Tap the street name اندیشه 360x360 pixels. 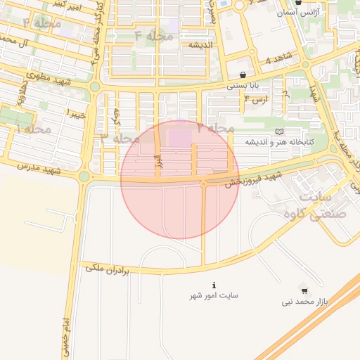pos(200,45)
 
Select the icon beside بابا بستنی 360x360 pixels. pos(243,75)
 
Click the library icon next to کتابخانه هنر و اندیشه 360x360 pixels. pos(281,131)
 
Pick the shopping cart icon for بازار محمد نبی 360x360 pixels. pos(304,290)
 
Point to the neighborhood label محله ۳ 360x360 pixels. pos(120,138)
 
